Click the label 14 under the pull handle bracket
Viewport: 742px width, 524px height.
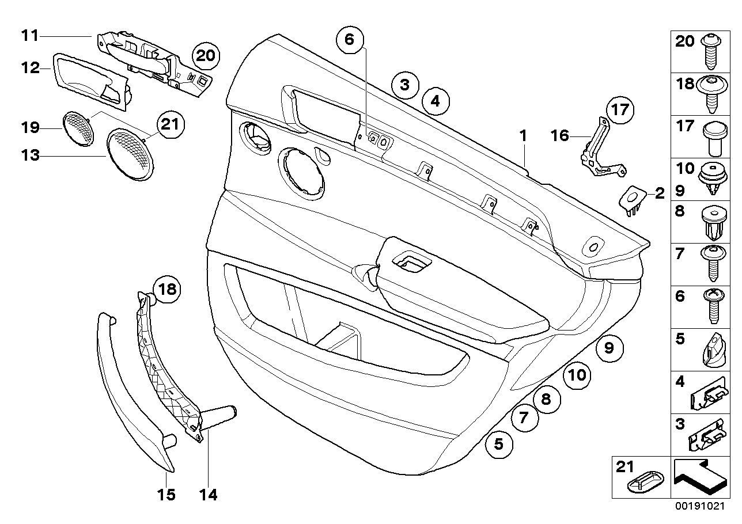point(209,495)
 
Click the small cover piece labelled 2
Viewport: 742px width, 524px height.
point(632,199)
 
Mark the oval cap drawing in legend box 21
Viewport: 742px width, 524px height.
point(643,484)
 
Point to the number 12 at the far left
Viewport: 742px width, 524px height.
point(29,68)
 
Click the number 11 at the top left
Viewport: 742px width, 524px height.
point(29,36)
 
